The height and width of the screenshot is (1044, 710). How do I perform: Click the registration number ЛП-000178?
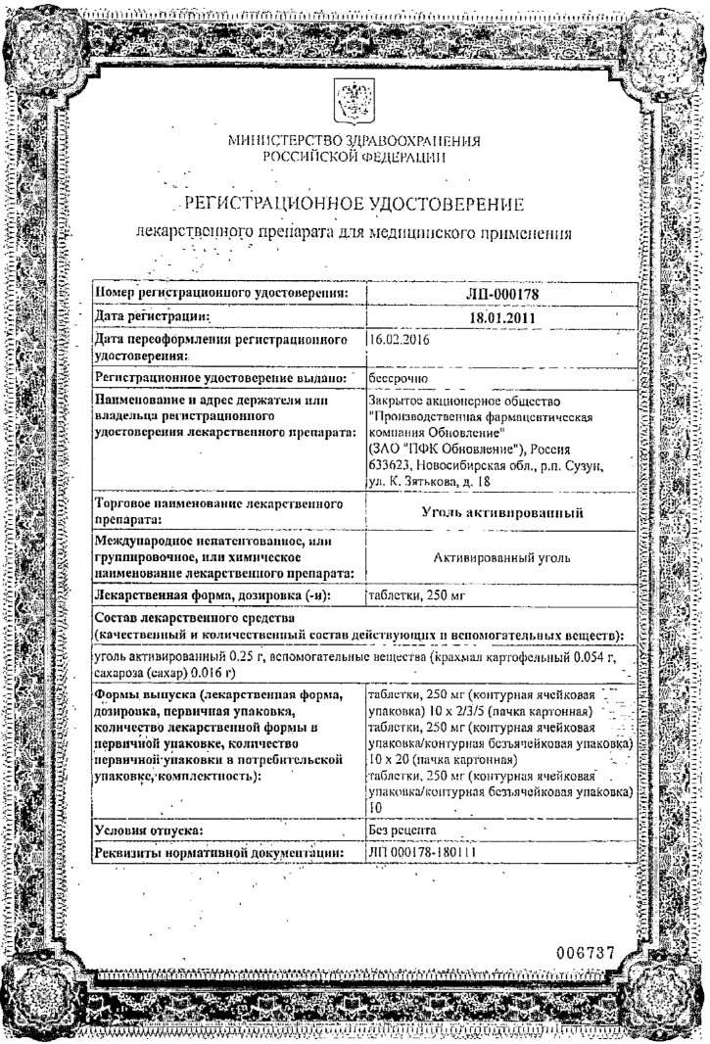point(498,292)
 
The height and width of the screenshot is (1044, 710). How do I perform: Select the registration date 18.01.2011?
point(498,317)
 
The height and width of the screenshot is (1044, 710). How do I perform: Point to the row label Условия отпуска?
point(146,831)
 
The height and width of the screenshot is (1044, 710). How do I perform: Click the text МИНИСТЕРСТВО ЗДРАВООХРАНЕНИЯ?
point(355,141)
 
